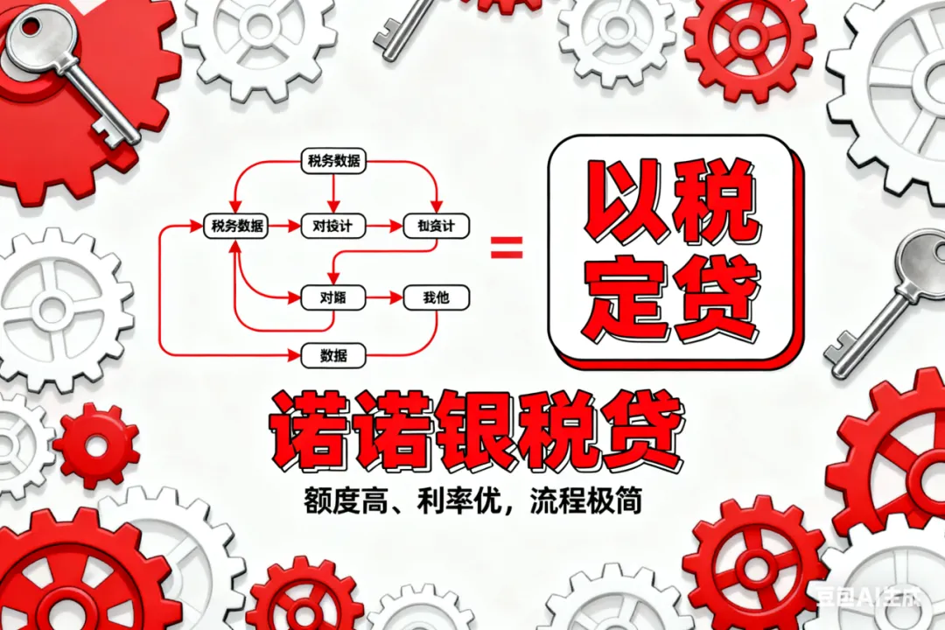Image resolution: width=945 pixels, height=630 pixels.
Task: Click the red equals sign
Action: [506, 248]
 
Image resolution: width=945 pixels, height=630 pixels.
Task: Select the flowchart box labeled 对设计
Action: [332, 226]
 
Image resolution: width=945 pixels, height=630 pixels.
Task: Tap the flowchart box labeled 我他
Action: [436, 297]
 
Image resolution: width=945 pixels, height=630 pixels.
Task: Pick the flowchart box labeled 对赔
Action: [332, 297]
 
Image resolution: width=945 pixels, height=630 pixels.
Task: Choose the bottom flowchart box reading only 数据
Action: [332, 355]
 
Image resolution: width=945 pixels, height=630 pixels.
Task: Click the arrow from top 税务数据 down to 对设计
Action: [332, 192]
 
